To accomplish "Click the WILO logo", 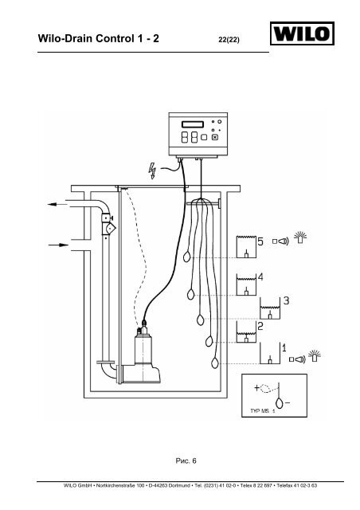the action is [302, 33].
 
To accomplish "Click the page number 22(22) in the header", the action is [229, 40].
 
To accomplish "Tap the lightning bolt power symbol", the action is [152, 171].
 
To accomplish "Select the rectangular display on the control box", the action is [193, 124].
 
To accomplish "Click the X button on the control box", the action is [214, 137].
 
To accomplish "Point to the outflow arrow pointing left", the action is [57, 204].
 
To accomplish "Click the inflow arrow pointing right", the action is [58, 245].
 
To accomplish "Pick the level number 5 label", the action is [260, 241].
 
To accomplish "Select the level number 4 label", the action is [260, 277].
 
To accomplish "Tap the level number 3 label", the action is [286, 300].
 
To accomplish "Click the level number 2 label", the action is [260, 326].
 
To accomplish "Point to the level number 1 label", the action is [284, 348].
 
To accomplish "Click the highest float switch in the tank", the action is [186, 257].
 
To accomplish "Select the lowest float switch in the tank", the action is [214, 363].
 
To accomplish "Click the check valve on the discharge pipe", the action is [108, 228].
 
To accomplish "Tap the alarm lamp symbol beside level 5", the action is [300, 237].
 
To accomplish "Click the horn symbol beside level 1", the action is [298, 359].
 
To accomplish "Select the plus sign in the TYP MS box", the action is [257, 388].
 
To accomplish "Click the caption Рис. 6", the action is [186, 461].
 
